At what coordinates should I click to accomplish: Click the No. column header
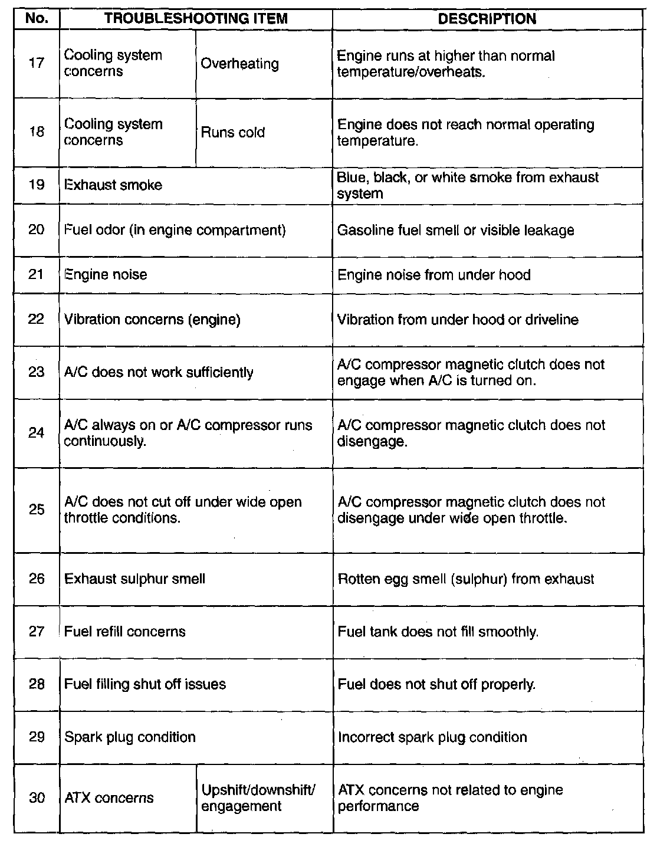click(x=37, y=19)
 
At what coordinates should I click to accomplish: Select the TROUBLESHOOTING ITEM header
click(x=196, y=19)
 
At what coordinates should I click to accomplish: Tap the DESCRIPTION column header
click(x=487, y=19)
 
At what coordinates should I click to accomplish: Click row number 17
click(x=37, y=63)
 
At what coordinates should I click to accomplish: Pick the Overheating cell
click(x=240, y=64)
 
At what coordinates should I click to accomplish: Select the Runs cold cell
click(x=233, y=133)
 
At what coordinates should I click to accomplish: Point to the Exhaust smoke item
click(x=113, y=185)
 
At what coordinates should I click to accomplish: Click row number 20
click(x=37, y=230)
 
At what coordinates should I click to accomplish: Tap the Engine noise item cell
click(x=106, y=275)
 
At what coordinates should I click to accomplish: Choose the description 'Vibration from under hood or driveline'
click(x=458, y=320)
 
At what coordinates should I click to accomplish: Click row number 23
click(x=37, y=373)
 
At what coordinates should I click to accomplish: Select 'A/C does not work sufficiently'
click(x=159, y=373)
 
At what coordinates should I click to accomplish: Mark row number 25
click(x=37, y=510)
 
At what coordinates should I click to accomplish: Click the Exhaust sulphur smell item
click(x=135, y=579)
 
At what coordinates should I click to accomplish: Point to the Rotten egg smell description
click(x=466, y=579)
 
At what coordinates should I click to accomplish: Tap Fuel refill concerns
click(x=125, y=632)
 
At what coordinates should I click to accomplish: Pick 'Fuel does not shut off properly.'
click(x=437, y=685)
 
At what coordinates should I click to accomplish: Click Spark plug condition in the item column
click(x=130, y=737)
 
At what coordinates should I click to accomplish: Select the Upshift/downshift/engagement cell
click(x=259, y=798)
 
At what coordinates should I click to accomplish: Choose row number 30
click(x=37, y=798)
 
